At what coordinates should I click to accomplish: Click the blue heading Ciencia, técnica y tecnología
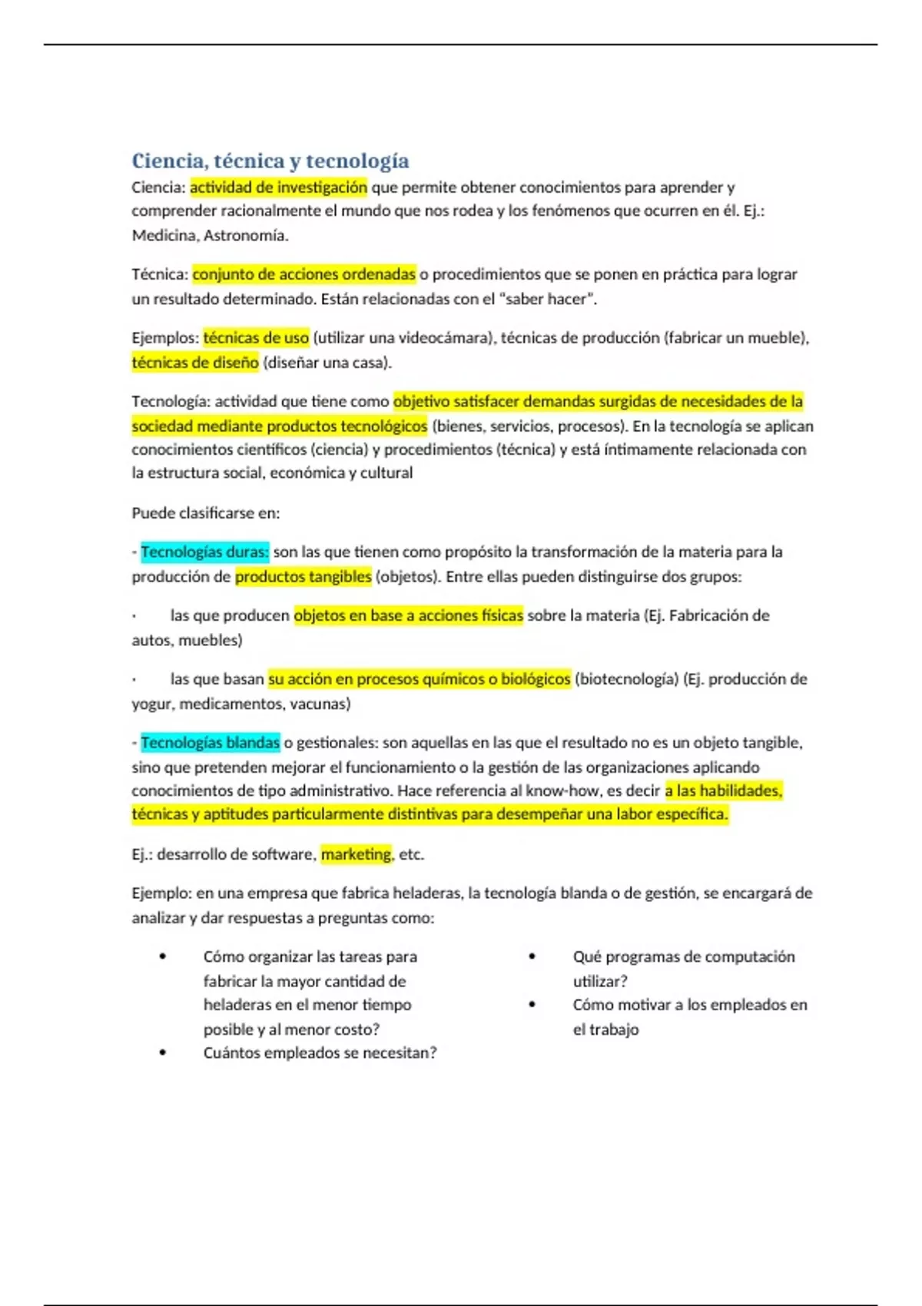pos(270,161)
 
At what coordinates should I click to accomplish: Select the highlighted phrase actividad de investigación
pos(278,187)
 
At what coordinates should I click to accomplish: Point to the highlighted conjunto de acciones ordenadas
pos(303,274)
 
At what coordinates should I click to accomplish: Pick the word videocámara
pos(444,338)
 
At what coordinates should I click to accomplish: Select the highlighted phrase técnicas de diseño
pos(195,363)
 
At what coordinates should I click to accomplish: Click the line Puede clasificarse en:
pos(206,512)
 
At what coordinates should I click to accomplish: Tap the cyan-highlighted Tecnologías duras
pos(204,552)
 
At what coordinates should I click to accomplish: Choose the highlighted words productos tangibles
pos(303,577)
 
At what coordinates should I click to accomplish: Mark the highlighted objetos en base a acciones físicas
pos(408,615)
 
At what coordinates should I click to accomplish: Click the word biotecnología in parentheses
pos(626,679)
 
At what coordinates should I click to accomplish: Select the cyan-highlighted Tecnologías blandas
pos(210,743)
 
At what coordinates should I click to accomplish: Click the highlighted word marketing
pos(356,854)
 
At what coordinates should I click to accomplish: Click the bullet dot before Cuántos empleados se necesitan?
pos(163,1052)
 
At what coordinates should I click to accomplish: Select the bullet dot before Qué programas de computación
pos(532,956)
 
